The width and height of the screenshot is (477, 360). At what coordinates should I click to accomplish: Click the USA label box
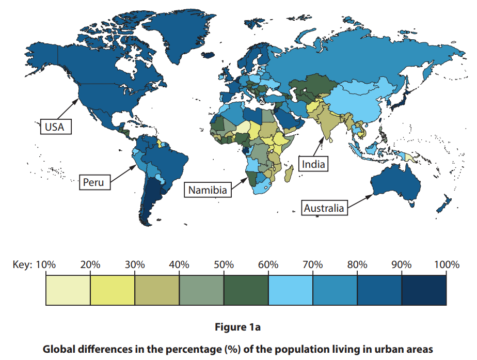(x=55, y=126)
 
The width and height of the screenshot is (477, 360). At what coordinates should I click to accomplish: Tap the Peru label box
(x=93, y=182)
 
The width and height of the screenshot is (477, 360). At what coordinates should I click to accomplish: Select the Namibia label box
(x=208, y=190)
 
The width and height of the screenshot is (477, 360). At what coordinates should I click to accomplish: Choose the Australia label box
(x=324, y=208)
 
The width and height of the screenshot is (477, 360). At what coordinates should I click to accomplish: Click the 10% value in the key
(x=46, y=265)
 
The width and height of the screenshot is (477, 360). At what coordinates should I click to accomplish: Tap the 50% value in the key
(x=224, y=265)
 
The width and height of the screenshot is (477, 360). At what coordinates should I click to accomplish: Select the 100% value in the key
(x=446, y=265)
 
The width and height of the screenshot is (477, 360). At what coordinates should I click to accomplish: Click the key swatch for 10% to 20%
(x=68, y=290)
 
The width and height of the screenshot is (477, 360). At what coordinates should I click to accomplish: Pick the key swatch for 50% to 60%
(x=246, y=290)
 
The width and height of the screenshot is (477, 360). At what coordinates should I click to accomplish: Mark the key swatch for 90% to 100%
(x=424, y=290)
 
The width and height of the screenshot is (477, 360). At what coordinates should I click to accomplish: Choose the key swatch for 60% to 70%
(x=291, y=290)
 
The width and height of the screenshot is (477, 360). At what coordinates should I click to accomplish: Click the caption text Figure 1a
(x=238, y=327)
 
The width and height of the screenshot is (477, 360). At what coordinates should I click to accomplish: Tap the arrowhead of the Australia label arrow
(x=371, y=195)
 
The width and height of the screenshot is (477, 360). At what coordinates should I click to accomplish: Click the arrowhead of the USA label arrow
(x=78, y=99)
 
